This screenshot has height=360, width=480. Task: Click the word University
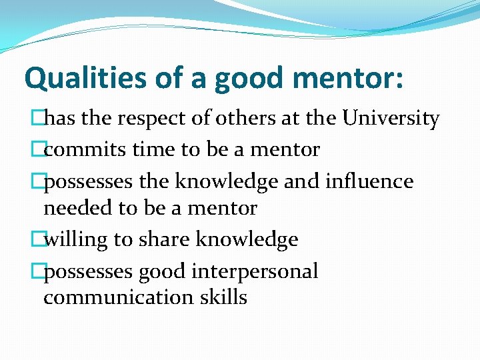391,119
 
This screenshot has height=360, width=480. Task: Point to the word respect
155,119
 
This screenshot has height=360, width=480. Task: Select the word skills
223,297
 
